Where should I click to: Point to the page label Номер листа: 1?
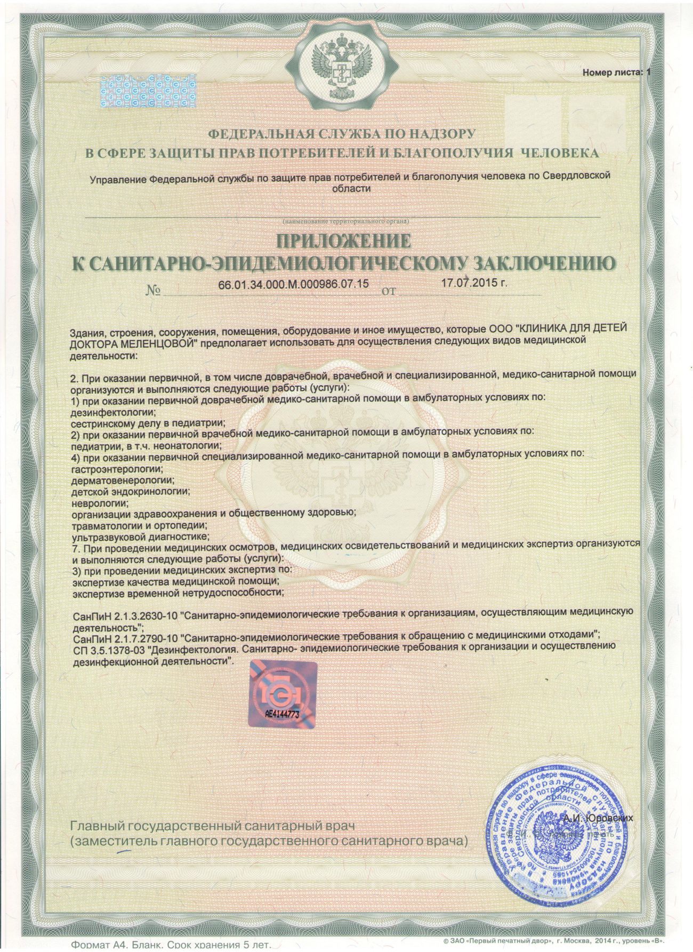(x=616, y=71)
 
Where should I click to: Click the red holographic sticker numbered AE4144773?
(x=283, y=694)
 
